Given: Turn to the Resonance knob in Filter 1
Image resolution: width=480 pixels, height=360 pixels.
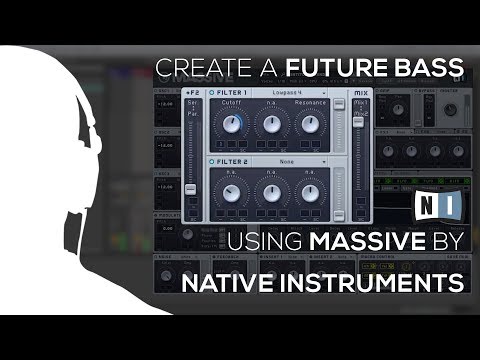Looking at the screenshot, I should coord(310,125).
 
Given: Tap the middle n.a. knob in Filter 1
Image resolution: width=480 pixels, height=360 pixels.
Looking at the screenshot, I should coord(270,125).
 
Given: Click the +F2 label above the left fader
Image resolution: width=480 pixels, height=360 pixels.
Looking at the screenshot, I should coord(191,92).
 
